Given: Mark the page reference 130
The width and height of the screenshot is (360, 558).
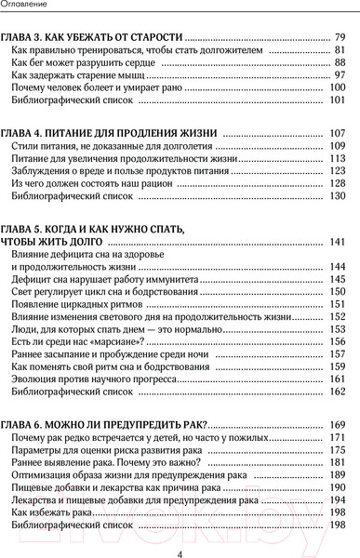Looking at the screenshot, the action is click(x=336, y=196).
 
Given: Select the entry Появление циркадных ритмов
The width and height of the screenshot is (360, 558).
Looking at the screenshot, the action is click(x=79, y=304).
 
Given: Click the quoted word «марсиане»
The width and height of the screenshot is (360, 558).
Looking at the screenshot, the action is click(x=92, y=341).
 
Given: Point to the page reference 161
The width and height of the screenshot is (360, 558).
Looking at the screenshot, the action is click(x=336, y=379).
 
